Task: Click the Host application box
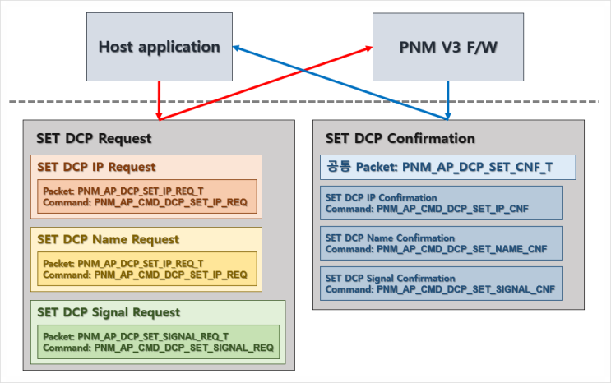pos(160,47)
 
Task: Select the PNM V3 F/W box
pos(448,47)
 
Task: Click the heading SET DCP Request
pos(94,138)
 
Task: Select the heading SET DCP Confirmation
pos(400,138)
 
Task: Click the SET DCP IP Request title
pos(96,167)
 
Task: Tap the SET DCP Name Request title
pos(108,239)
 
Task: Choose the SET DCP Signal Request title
pos(109,312)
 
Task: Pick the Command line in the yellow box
pos(145,274)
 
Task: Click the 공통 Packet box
pos(447,167)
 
